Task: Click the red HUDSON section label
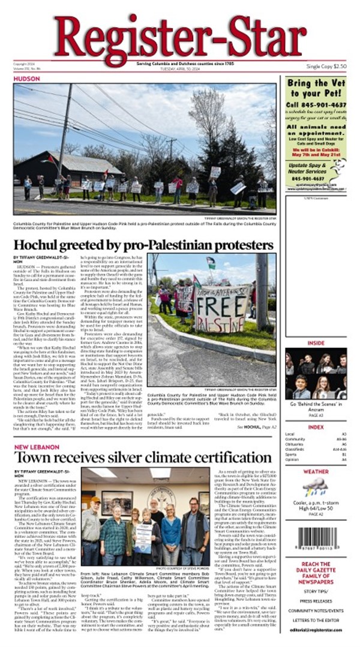[26, 78]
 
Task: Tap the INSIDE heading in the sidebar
[316, 343]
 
